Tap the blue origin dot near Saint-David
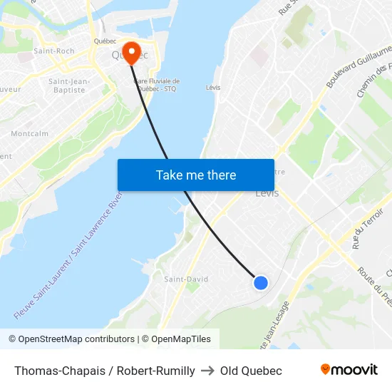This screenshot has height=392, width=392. [x=261, y=283]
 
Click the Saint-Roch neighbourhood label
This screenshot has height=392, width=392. [x=54, y=51]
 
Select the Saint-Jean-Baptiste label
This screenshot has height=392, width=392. [x=68, y=86]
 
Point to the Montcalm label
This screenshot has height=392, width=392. [x=29, y=133]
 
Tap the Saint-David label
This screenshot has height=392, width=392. [x=186, y=279]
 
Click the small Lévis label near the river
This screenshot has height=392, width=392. [x=212, y=88]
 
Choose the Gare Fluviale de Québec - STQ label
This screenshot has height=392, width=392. [x=156, y=85]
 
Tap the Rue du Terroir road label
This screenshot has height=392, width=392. [x=362, y=229]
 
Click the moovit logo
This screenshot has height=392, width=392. [x=349, y=369]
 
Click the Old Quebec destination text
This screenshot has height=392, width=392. [x=251, y=371]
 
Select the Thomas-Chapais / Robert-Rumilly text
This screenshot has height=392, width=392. [x=104, y=371]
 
